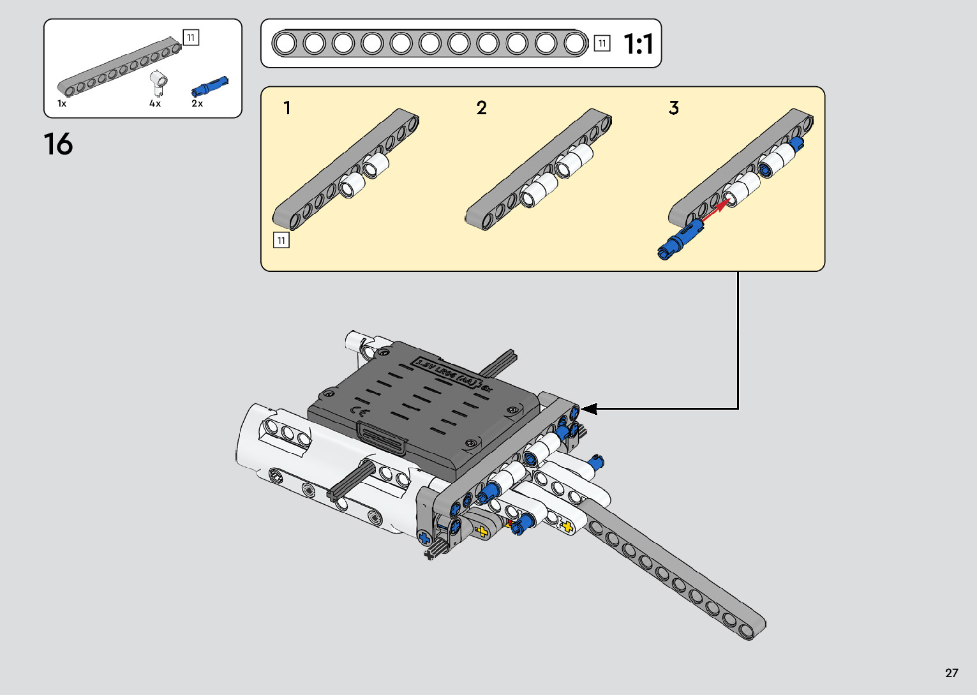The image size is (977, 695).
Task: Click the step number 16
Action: [58, 145]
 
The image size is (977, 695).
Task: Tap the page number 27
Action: [951, 673]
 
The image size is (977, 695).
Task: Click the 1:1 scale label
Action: [638, 44]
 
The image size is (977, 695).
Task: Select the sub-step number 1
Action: [287, 108]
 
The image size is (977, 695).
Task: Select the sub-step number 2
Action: [481, 108]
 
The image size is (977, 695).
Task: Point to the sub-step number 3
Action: [674, 108]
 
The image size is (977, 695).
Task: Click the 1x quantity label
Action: [62, 103]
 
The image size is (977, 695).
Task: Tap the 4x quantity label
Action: [155, 103]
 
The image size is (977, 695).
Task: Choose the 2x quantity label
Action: [197, 103]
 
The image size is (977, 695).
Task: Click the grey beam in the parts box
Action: [119, 66]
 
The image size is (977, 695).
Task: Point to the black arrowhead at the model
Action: [588, 408]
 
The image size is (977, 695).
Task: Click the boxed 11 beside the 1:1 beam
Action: [602, 43]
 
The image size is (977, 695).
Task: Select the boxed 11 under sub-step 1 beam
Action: [281, 240]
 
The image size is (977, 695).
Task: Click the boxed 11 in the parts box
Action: [191, 38]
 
